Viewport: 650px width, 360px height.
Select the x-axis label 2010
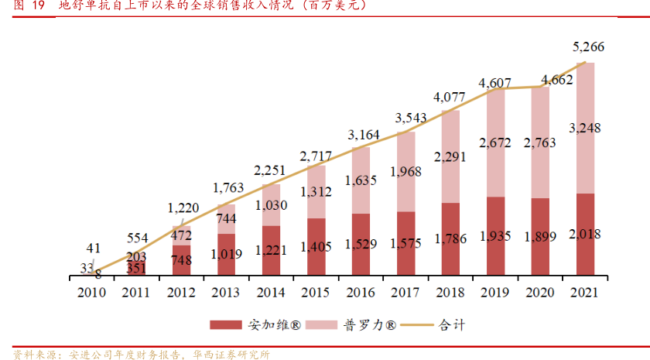[x=91, y=293]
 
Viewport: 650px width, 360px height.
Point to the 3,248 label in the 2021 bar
[x=585, y=128]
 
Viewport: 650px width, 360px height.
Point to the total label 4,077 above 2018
[x=449, y=98]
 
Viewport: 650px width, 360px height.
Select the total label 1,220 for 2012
[x=183, y=207]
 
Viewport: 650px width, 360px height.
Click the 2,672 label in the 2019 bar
[x=495, y=143]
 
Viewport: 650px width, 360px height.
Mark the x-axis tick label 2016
[x=361, y=293]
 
